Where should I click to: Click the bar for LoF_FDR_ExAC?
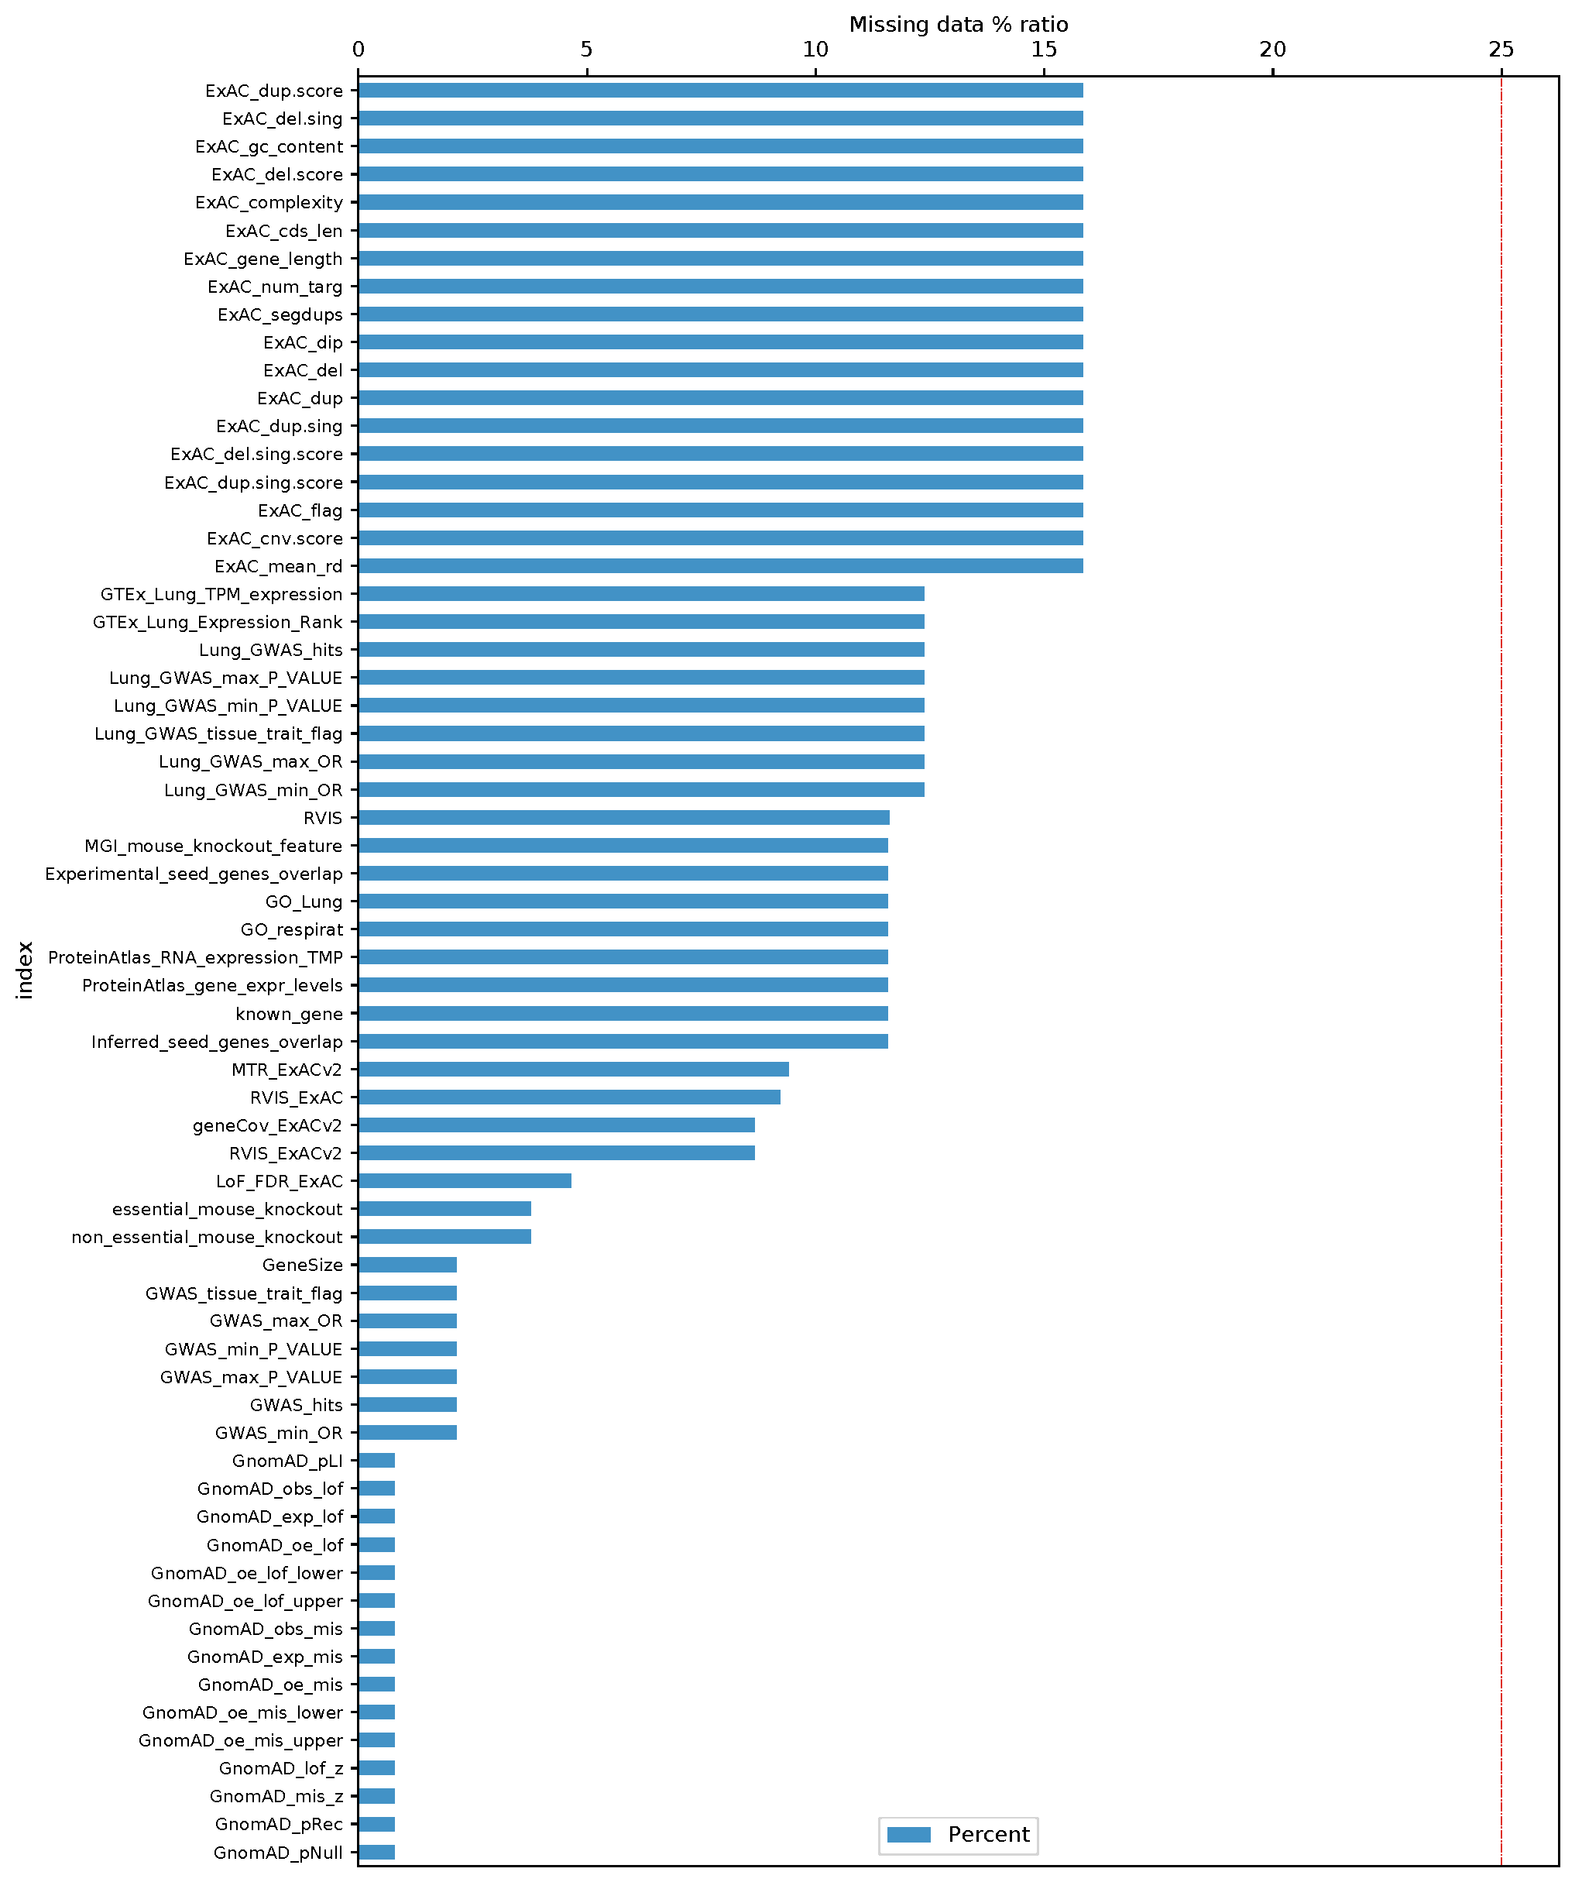pyautogui.click(x=464, y=1181)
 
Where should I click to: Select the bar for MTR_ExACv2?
pyautogui.click(x=573, y=1070)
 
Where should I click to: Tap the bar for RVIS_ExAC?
pyautogui.click(x=568, y=1097)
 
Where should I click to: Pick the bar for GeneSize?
pyautogui.click(x=407, y=1265)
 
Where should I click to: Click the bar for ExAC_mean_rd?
pyautogui.click(x=719, y=566)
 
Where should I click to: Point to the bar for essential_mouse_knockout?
pyautogui.click(x=444, y=1209)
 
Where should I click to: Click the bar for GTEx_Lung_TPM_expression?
pyautogui.click(x=640, y=594)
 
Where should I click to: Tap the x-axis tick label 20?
pyautogui.click(x=1272, y=50)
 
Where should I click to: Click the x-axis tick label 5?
pyautogui.click(x=586, y=50)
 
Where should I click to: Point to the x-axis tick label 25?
pyautogui.click(x=1501, y=50)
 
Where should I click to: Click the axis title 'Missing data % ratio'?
pyautogui.click(x=958, y=24)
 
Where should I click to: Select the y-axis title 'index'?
pyautogui.click(x=26, y=970)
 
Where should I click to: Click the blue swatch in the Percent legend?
pyautogui.click(x=908, y=1835)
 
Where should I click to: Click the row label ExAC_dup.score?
pyautogui.click(x=273, y=91)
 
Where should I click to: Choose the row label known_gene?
pyautogui.click(x=289, y=1014)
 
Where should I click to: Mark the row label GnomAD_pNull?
pyautogui.click(x=278, y=1853)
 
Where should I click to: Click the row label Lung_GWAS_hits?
pyautogui.click(x=271, y=650)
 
